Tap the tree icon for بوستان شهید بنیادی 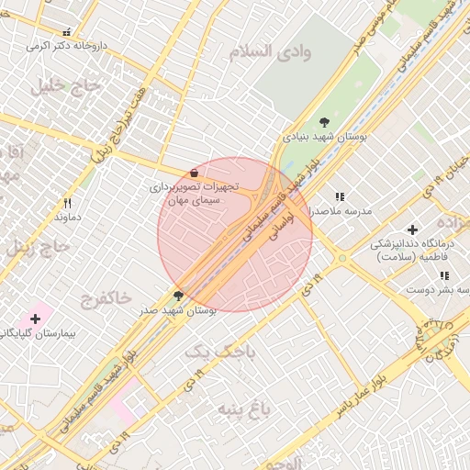[x=324, y=121]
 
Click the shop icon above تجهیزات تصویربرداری [x=194, y=173]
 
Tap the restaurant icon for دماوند [x=67, y=203]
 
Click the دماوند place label [x=68, y=218]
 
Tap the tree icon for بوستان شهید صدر [x=178, y=297]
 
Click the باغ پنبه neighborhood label [x=244, y=408]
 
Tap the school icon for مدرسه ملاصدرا [x=340, y=196]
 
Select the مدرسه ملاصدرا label [x=340, y=211]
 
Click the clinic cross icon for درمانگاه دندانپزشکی [x=412, y=229]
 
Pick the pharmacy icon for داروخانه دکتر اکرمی [x=65, y=31]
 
